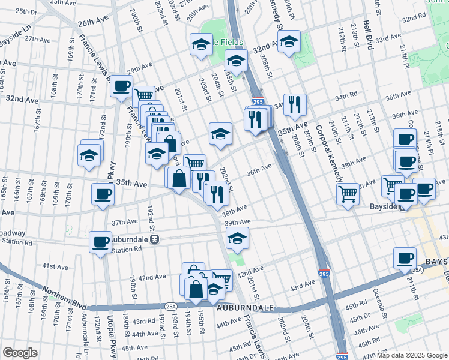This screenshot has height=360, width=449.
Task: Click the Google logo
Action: click(x=20, y=353)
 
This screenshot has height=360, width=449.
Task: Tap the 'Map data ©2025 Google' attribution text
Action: click(x=412, y=355)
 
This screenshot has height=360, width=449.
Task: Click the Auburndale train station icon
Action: click(x=154, y=238)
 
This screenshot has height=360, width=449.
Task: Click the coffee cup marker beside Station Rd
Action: click(x=100, y=242)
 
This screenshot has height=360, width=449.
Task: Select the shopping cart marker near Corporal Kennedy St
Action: click(x=348, y=194)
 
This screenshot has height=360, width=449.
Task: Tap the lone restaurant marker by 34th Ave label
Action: click(x=294, y=105)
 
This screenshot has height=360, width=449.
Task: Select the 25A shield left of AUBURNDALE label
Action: click(x=171, y=307)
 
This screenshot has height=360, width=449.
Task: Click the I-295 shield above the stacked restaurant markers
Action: click(x=258, y=103)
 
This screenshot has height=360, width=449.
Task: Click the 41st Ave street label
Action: click(x=55, y=266)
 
